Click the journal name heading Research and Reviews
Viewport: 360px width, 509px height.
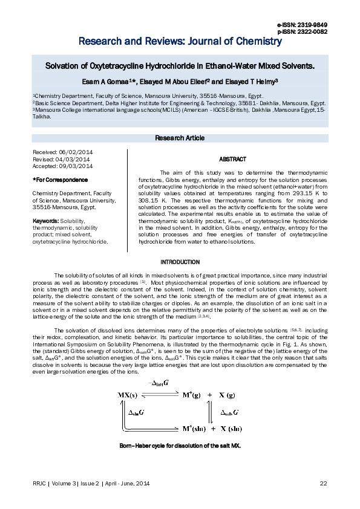click(x=180, y=42)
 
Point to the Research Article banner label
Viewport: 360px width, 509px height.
click(x=180, y=138)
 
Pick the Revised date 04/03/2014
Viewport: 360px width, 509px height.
click(x=76, y=159)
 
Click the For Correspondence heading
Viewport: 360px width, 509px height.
click(x=60, y=180)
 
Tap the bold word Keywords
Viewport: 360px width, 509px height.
click(x=45, y=221)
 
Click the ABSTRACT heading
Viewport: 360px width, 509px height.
click(x=232, y=159)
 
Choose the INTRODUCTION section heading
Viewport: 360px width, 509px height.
click(x=180, y=262)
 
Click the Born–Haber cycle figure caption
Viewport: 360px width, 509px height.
click(x=180, y=446)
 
